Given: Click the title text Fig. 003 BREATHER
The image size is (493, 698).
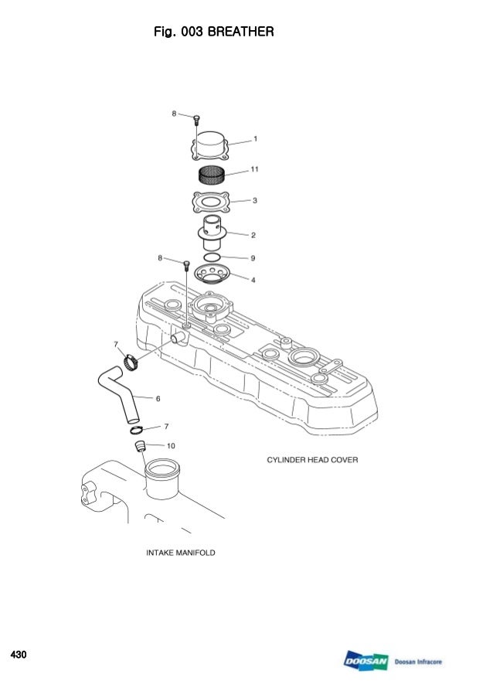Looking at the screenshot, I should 215,32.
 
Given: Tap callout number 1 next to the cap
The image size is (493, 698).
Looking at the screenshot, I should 256,139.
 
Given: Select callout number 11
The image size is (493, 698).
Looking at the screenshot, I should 254,169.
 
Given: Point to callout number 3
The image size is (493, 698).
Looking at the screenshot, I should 255,200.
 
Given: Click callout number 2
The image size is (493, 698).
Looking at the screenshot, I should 253,233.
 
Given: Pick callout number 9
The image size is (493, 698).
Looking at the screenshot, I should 253,257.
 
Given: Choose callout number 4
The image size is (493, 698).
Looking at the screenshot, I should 253,279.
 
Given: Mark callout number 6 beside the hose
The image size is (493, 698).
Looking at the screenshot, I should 158,399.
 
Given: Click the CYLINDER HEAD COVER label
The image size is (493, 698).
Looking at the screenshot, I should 312,460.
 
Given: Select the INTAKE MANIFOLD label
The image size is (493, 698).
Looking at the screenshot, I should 181,553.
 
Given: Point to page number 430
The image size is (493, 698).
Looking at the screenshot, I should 18,655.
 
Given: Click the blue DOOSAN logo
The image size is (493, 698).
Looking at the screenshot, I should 366,662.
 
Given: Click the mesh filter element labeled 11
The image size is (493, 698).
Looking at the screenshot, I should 211,175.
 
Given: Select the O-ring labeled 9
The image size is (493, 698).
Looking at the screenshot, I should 212,256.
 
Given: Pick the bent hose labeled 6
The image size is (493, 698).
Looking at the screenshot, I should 120,394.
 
